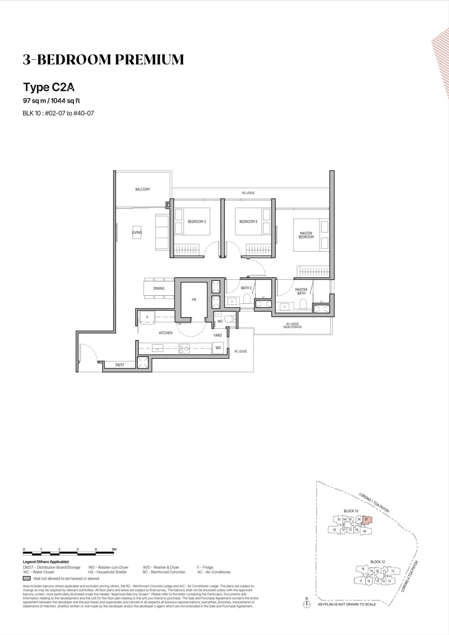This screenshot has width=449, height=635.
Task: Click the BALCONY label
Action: [x=143, y=189]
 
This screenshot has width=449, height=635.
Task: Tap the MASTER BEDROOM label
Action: [x=306, y=235]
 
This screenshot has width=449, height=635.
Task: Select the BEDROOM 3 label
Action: [x=197, y=222]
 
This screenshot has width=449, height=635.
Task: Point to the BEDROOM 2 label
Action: [x=248, y=222]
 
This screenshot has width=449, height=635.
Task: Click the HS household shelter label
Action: [x=194, y=299]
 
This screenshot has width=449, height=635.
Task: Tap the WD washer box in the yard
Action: [x=218, y=348]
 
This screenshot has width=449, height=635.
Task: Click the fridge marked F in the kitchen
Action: [x=147, y=317]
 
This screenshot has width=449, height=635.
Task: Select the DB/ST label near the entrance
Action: [x=120, y=365]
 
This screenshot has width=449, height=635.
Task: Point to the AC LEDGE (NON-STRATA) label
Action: [x=292, y=325]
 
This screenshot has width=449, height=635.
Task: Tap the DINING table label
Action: [x=159, y=288]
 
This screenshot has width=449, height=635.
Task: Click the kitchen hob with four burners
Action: [x=184, y=349]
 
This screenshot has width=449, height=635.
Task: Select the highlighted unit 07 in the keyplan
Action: [x=367, y=520]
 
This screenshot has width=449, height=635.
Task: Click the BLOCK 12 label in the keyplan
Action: [x=378, y=562]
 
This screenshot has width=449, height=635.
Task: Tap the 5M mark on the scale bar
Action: [x=114, y=549]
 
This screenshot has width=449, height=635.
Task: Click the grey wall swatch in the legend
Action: [x=27, y=578]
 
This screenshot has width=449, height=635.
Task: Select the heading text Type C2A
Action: [x=49, y=87]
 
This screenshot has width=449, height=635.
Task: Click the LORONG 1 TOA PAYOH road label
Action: [x=374, y=503]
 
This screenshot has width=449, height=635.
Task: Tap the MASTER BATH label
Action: [x=301, y=291]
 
